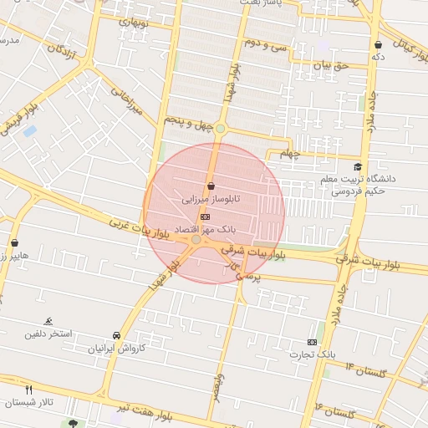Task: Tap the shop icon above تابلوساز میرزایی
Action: (x=210, y=186)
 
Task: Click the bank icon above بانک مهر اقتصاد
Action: (x=206, y=217)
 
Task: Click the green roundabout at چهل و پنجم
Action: (x=220, y=128)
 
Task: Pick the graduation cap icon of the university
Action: (x=358, y=167)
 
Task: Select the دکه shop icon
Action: (x=378, y=44)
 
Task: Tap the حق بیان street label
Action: (x=329, y=64)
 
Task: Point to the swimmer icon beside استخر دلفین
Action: (x=48, y=322)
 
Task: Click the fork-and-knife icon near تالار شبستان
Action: (x=29, y=390)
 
